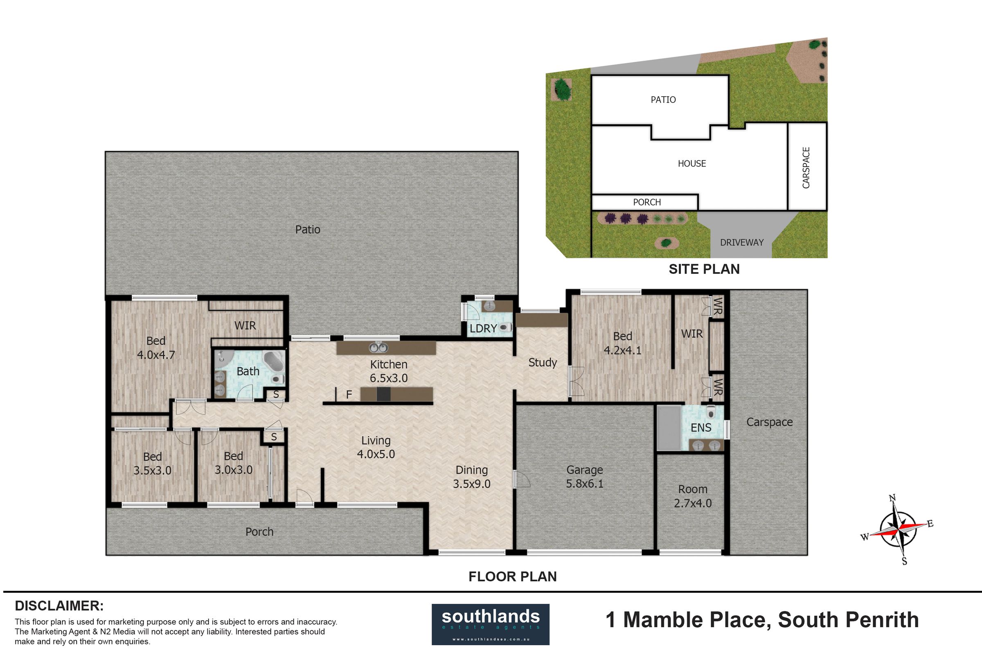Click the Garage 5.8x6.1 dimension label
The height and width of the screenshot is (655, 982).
(x=585, y=477)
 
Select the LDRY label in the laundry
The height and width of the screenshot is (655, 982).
(x=483, y=328)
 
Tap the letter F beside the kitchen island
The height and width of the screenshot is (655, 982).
(x=349, y=394)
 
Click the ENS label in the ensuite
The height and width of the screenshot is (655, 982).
(x=701, y=427)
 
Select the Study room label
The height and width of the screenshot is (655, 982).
(x=543, y=363)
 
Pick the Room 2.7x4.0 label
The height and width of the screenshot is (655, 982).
(x=693, y=496)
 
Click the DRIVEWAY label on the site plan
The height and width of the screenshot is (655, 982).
(x=741, y=242)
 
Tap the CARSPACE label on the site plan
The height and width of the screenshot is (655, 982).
(x=806, y=167)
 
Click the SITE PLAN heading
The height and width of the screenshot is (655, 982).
(x=704, y=269)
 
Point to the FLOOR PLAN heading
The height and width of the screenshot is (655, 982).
(x=512, y=576)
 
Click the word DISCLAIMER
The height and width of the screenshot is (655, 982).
(x=59, y=606)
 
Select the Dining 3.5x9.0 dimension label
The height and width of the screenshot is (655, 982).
(x=471, y=477)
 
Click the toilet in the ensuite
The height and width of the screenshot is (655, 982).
(x=711, y=412)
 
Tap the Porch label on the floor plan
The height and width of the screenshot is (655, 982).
(x=259, y=532)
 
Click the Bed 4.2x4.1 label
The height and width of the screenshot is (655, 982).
(x=622, y=343)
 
